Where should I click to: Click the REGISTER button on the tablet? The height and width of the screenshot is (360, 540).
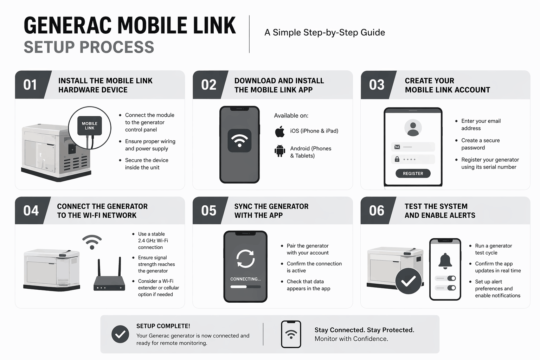413,173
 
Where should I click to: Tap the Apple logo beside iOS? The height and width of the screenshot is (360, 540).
280,132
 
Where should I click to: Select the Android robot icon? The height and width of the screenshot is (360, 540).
280,151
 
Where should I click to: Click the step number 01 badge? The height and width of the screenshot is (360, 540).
31,85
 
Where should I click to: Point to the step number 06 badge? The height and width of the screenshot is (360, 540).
377,211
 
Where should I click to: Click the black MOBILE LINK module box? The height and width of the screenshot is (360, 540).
90,126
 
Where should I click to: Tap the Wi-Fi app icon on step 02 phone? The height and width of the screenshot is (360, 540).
239,141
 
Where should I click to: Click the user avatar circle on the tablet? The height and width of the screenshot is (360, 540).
413,128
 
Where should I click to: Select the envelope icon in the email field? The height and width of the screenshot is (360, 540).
397,147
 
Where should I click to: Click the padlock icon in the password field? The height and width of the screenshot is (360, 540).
397,159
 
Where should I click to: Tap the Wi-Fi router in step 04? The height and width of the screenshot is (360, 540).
109,283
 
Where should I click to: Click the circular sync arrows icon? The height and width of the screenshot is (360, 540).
245,259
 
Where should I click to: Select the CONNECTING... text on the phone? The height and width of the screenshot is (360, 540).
245,279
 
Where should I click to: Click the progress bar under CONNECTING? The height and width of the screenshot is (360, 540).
245,287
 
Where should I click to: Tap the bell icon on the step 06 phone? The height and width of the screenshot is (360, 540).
445,261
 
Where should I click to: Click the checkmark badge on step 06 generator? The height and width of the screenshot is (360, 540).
409,281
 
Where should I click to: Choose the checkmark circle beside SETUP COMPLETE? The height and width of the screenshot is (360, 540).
120,334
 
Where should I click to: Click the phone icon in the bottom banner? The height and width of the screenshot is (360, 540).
291,334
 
